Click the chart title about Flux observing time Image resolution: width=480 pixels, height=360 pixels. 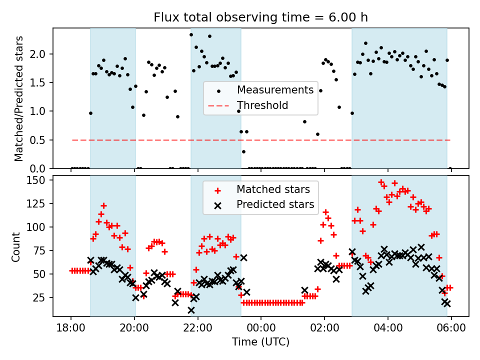[260, 17]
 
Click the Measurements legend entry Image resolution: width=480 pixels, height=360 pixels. [275, 90]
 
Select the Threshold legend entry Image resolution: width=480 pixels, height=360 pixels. [262, 105]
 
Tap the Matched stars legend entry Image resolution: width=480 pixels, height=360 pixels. [273, 189]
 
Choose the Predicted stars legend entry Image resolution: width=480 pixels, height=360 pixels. [275, 204]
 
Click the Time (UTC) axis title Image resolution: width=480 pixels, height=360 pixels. [260, 342]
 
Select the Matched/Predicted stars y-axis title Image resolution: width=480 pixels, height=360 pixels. [19, 98]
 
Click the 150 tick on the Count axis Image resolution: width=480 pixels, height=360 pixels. [39, 180]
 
